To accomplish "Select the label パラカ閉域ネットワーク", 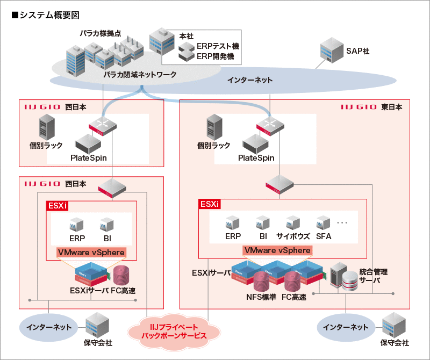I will pyautogui.click(x=140, y=75).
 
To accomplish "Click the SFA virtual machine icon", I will pyautogui.click(x=323, y=222).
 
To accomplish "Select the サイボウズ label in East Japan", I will pyautogui.click(x=292, y=236).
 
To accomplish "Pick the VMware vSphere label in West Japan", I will pyautogui.click(x=91, y=252).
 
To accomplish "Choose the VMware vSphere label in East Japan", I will pyautogui.click(x=277, y=250).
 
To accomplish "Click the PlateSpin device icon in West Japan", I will pyautogui.click(x=88, y=143).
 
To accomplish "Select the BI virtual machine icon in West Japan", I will pyautogui.click(x=106, y=224).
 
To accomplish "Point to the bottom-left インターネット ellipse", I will pyautogui.click(x=47, y=327).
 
